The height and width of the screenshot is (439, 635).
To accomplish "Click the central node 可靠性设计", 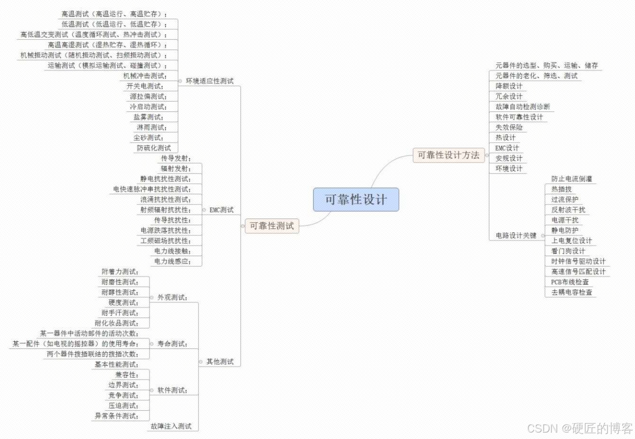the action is tap(356, 200).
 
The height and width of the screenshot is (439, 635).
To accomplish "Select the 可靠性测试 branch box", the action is tap(272, 226).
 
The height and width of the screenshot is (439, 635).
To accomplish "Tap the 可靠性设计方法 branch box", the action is tap(449, 155).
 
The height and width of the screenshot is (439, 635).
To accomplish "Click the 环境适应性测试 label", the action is tap(210, 81).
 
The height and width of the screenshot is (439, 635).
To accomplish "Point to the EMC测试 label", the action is tap(221, 210).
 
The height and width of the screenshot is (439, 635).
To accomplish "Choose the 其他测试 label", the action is tap(220, 361).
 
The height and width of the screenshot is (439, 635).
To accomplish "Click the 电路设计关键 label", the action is tap(516, 235).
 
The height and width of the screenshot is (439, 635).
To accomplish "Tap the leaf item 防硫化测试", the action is tap(154, 148).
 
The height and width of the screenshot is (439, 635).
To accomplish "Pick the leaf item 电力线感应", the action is tap(171, 261).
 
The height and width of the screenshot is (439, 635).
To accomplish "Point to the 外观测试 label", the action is tap(172, 297).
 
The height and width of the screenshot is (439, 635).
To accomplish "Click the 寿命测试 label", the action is tap(172, 343).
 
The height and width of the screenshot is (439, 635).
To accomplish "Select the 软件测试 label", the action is tap(172, 390).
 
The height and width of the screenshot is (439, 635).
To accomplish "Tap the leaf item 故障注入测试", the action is tap(171, 426).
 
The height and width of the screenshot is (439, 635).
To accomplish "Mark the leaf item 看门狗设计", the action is tap(568, 251).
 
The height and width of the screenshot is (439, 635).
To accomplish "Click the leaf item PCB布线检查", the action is tap(570, 282).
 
